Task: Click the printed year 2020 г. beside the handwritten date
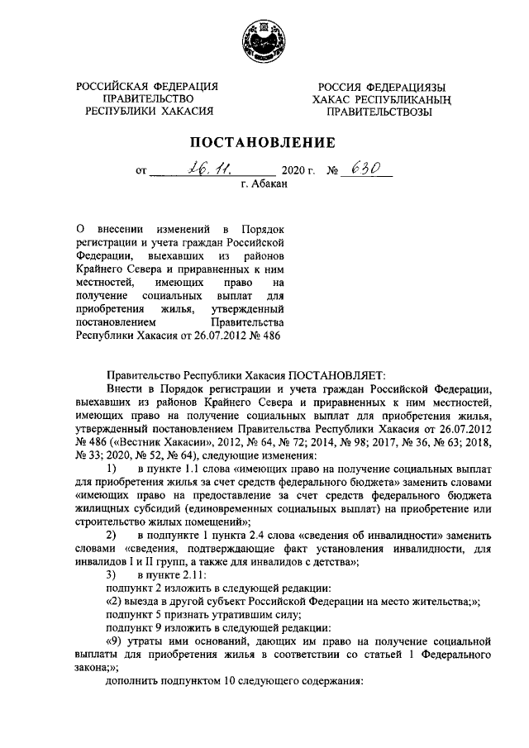coord(298,173)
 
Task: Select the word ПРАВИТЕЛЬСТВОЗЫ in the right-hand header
coord(379,112)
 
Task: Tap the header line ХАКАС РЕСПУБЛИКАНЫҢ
coord(379,100)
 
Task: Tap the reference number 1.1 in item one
coord(192,469)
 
